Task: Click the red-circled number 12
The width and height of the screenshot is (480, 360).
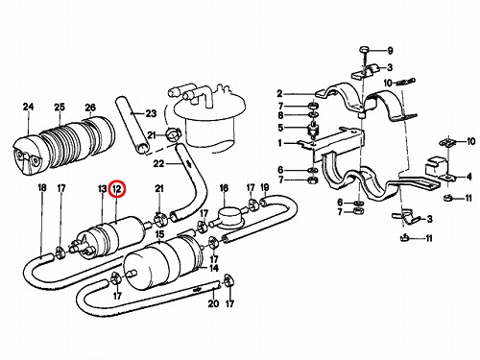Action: point(117,189)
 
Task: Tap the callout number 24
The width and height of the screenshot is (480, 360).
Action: point(28,107)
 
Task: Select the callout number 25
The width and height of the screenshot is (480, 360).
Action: point(60,108)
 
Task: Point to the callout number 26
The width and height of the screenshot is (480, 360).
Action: point(90,108)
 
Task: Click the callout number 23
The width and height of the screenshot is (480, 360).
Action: point(151,113)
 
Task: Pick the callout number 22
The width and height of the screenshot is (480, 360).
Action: point(158,164)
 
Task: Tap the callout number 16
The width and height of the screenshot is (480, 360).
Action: point(224,188)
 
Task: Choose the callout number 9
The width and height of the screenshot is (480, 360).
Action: point(390,51)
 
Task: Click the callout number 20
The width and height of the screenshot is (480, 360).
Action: point(213,303)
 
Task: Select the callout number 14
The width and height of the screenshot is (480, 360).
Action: point(214,268)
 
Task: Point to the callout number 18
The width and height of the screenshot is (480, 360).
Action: point(42,187)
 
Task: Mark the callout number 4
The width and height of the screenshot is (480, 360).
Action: point(468,177)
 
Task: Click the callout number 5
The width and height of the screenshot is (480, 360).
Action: point(280,128)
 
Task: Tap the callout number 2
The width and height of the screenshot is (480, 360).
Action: point(280,94)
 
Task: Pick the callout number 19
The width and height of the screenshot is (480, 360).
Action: point(265,187)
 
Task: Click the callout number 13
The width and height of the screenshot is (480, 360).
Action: point(102,189)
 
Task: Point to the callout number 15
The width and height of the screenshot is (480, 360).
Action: point(159,234)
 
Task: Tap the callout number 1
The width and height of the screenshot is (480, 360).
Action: point(280,143)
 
